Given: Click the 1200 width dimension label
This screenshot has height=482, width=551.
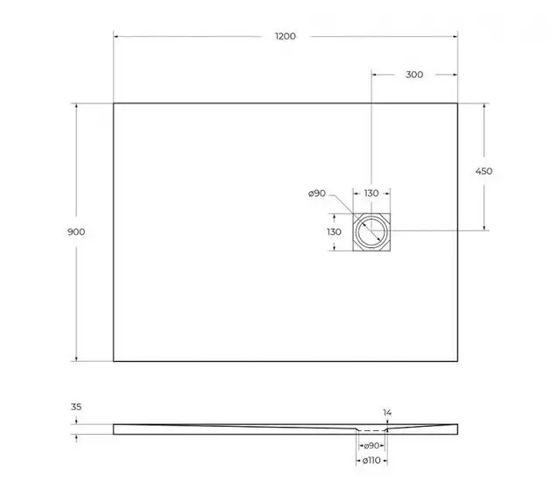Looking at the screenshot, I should [285, 37].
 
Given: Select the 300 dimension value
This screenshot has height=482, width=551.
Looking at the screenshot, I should [414, 74].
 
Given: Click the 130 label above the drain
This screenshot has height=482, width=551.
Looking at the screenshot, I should [371, 193].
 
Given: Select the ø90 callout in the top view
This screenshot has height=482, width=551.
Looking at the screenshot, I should [317, 193].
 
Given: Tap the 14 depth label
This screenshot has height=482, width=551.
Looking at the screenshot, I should [387, 411].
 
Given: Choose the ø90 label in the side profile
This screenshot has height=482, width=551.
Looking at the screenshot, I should [371, 446].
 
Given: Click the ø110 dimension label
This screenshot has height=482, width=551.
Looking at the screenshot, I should [371, 461].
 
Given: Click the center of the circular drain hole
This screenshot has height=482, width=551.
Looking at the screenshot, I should [371, 231].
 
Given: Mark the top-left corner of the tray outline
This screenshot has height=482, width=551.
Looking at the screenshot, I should [114, 103].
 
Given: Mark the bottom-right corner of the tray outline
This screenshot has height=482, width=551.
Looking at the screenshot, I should [457, 361].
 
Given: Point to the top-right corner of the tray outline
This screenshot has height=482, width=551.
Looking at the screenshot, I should [457, 103].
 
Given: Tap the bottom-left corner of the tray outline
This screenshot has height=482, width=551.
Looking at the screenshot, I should [114, 361].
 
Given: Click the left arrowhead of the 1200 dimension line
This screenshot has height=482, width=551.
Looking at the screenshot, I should [117, 37].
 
